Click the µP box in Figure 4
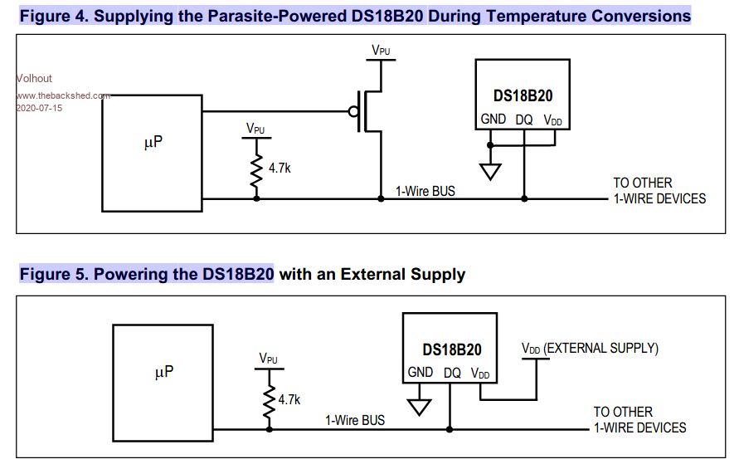150,153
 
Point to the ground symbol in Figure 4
490,172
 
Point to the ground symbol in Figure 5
420,407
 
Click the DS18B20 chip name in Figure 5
451,350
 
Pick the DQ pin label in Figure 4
523,120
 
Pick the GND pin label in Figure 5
420,373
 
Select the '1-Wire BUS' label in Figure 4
425,191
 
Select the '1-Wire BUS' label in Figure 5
354,421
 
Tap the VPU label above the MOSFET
381,51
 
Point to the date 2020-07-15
39,108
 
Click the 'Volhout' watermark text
34,79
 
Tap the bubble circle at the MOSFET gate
353,111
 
